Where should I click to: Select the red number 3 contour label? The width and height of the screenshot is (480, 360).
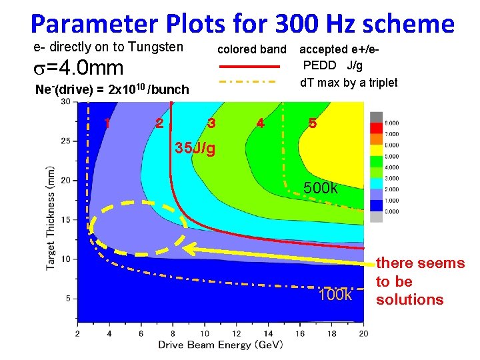tap(211, 123)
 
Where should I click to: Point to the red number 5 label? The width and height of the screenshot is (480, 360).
tap(313, 124)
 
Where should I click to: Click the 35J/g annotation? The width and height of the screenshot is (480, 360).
tap(195, 147)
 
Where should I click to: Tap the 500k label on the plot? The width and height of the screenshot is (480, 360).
tap(321, 188)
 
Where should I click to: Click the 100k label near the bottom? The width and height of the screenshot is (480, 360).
tap(335, 295)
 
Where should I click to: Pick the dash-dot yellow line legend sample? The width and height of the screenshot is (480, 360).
tap(248, 82)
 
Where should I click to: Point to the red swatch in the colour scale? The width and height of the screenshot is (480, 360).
tap(377, 128)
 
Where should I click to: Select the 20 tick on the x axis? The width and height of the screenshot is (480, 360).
tap(363, 333)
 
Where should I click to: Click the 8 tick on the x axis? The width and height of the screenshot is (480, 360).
tap(173, 333)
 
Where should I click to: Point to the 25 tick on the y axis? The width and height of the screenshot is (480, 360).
tap(65, 141)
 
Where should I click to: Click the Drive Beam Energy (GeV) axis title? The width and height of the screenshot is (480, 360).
tap(214, 345)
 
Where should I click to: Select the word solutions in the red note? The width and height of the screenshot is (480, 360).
tap(409, 300)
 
